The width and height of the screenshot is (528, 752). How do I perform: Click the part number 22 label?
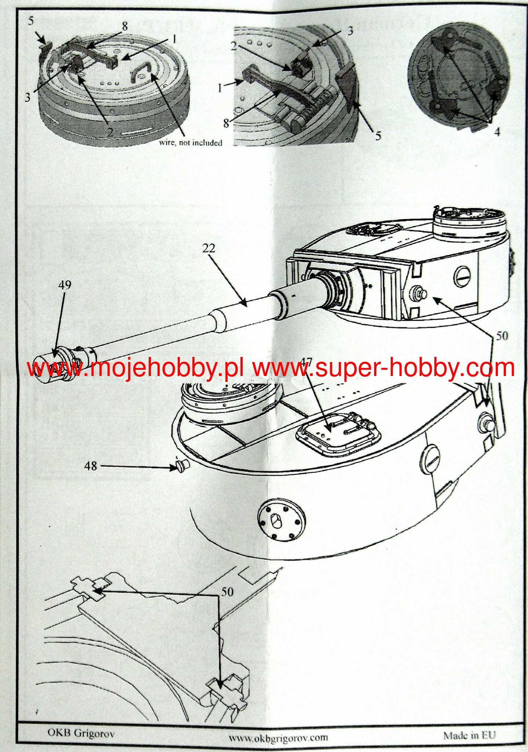(208, 249)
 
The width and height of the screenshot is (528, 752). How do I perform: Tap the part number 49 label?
(65, 285)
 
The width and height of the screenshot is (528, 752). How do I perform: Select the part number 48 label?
(91, 466)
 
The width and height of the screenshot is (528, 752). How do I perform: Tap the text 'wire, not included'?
(191, 142)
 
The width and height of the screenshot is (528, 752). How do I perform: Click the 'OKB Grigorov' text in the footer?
(81, 733)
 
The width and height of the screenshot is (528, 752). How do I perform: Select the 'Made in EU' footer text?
(469, 735)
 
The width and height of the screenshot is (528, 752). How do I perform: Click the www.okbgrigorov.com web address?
(278, 737)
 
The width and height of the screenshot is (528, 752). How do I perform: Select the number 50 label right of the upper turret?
(502, 336)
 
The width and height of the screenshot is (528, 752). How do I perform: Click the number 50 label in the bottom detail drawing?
(227, 592)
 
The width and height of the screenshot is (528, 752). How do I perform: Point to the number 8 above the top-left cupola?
(124, 26)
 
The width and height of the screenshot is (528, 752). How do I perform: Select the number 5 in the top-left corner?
(31, 21)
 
